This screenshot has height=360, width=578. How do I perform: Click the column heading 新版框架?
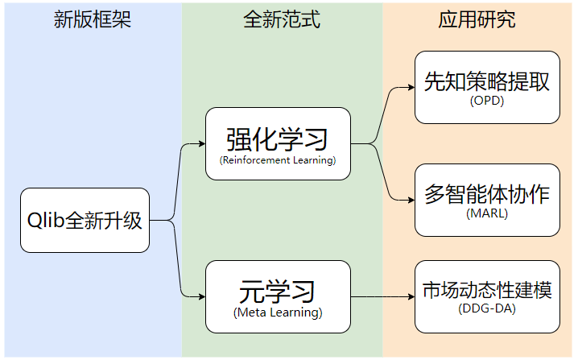click(x=92, y=20)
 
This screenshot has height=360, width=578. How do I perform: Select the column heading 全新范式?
click(x=282, y=20)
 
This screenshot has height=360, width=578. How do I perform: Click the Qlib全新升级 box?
click(x=85, y=220)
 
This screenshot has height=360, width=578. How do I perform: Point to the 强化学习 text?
click(x=277, y=139)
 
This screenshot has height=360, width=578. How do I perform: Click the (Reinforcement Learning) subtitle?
click(x=277, y=161)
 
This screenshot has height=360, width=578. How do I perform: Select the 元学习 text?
click(x=277, y=291)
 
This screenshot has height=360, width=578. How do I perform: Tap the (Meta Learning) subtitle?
click(x=277, y=312)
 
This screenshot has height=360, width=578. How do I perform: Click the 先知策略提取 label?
click(x=487, y=81)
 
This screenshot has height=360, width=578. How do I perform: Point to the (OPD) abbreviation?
click(x=487, y=101)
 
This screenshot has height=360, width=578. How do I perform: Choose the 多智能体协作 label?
click(x=487, y=194)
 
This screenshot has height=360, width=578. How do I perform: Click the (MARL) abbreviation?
click(x=487, y=213)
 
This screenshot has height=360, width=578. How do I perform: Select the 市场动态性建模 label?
click(x=487, y=291)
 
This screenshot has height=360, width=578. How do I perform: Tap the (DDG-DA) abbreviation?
click(x=487, y=309)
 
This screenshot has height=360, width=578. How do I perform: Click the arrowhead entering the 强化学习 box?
click(x=201, y=144)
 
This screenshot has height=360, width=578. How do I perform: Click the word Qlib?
click(x=46, y=220)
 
